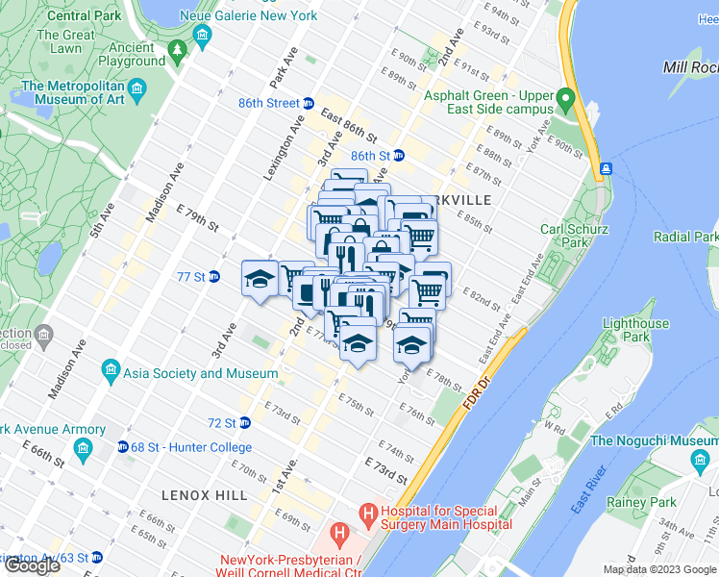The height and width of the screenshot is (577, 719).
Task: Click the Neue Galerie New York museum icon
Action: pyautogui.click(x=202, y=37)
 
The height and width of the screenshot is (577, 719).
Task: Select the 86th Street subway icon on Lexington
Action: pyautogui.click(x=309, y=104)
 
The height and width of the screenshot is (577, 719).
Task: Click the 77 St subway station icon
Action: pyautogui.click(x=214, y=277)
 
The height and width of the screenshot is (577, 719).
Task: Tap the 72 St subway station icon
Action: pyautogui.click(x=244, y=422)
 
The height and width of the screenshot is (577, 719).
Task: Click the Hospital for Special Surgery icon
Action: pyautogui.click(x=369, y=517)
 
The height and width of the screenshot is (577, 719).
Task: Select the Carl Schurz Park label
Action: pyautogui.click(x=574, y=237)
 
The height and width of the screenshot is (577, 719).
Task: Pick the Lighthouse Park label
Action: pyautogui.click(x=635, y=331)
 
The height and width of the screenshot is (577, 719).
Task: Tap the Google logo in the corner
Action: pyautogui.click(x=32, y=565)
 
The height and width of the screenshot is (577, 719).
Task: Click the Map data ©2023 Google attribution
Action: pyautogui.click(x=658, y=569)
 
